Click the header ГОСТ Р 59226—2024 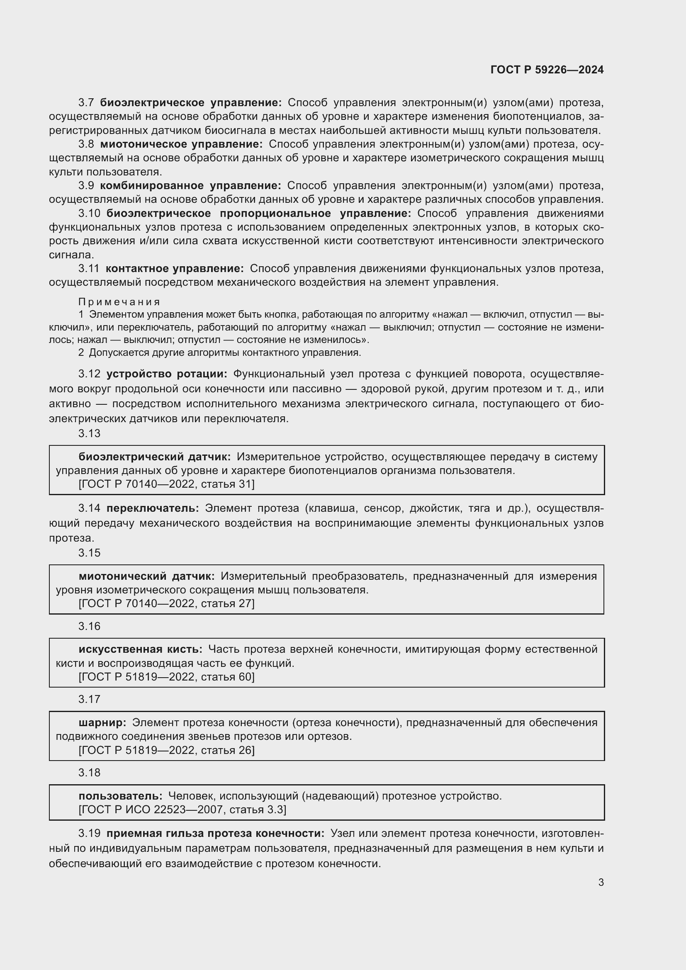pyautogui.click(x=547, y=70)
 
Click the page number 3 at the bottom pyautogui.click(x=601, y=882)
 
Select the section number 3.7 pyautogui.click(x=86, y=103)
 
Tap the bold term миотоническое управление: pyautogui.click(x=181, y=144)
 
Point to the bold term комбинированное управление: pyautogui.click(x=190, y=185)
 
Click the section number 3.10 pyautogui.click(x=89, y=213)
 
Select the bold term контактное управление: pyautogui.click(x=175, y=268)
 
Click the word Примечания pyautogui.click(x=119, y=301)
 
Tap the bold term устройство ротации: pyautogui.click(x=166, y=374)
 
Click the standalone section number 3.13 pyautogui.click(x=89, y=433)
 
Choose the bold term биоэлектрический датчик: pyautogui.click(x=155, y=457)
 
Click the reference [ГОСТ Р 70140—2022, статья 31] pyautogui.click(x=166, y=484)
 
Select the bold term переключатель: pyautogui.click(x=153, y=508)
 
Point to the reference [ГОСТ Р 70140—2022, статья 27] pyautogui.click(x=166, y=603)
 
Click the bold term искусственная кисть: pyautogui.click(x=140, y=649)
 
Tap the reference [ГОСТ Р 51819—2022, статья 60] pyautogui.click(x=166, y=677)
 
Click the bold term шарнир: pyautogui.click(x=102, y=722)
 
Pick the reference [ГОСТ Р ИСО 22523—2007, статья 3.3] pyautogui.click(x=182, y=810)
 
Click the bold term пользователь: pyautogui.click(x=120, y=796)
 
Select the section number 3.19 pyautogui.click(x=89, y=833)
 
